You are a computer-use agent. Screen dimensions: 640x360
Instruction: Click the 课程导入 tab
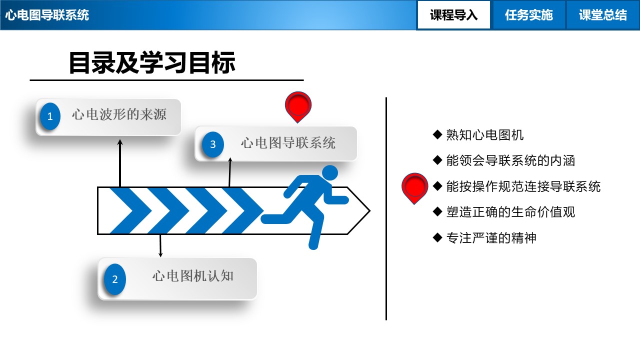click(453, 15)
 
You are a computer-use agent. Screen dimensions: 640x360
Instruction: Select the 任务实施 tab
click(528, 15)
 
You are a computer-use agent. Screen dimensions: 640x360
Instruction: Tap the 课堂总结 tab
click(602, 15)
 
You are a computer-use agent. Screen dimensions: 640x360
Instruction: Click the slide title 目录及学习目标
click(152, 63)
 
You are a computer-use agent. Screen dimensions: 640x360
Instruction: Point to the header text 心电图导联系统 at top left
click(47, 15)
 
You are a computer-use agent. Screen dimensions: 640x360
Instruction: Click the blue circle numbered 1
click(50, 117)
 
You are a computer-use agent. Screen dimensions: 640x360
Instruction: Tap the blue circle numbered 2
click(115, 279)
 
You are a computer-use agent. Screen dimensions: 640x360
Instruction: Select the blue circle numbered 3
click(213, 144)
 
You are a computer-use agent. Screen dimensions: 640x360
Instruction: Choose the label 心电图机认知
click(193, 276)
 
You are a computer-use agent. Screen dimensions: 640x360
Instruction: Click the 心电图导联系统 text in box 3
click(288, 143)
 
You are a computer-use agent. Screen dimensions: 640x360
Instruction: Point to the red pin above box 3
click(298, 105)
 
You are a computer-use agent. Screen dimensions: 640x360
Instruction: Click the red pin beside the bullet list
click(414, 187)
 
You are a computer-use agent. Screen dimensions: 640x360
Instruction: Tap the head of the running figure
click(329, 173)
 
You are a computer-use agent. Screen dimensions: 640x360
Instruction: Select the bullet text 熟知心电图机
click(484, 134)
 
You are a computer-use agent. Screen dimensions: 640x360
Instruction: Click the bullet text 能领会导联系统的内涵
click(510, 160)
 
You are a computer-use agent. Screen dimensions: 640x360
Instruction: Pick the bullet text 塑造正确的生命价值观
click(510, 212)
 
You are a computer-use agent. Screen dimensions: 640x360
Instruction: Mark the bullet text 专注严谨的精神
click(491, 238)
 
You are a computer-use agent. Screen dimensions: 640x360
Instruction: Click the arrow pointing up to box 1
click(120, 162)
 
